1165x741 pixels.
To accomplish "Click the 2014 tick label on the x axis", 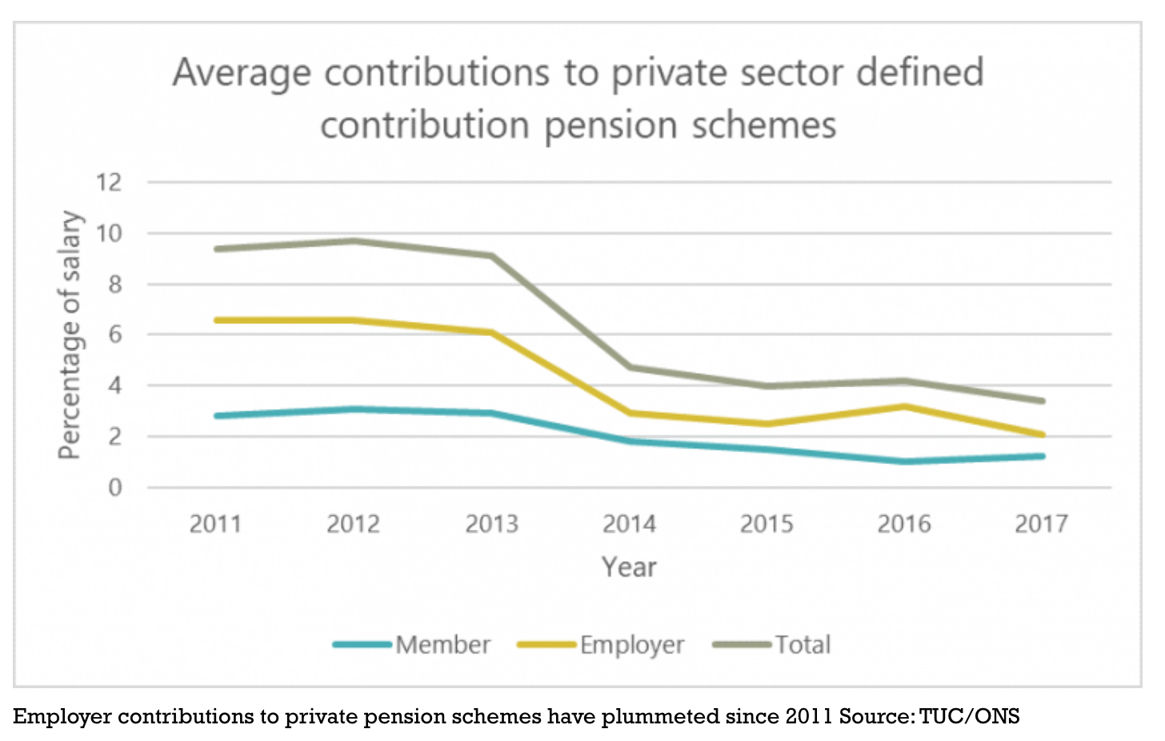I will [x=629, y=524].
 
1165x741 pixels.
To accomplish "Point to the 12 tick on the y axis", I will [x=109, y=182].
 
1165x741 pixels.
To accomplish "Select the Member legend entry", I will [x=442, y=644].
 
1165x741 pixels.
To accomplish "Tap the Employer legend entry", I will [x=631, y=644].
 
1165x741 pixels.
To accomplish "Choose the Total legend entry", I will [x=803, y=644].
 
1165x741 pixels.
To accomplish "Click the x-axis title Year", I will [x=629, y=567].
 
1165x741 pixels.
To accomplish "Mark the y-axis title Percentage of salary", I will [x=70, y=334].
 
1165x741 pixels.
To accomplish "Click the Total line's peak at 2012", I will [x=354, y=241].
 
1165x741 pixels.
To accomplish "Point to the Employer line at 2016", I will [x=904, y=407].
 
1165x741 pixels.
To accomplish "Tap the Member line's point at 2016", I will [x=904, y=462].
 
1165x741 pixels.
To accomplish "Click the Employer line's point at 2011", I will [x=217, y=320].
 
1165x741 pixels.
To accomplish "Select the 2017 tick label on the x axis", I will [x=1041, y=524].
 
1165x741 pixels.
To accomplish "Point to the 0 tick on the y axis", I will [x=115, y=487].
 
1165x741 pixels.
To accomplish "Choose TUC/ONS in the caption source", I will [x=969, y=716].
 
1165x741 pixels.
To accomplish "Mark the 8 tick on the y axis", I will [x=115, y=284].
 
